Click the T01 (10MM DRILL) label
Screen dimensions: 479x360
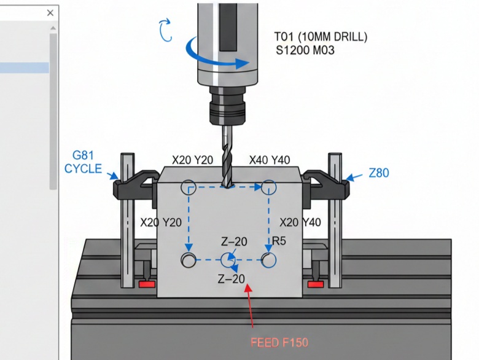(321, 37)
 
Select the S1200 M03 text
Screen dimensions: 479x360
(305, 50)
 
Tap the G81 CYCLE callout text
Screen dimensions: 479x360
(83, 162)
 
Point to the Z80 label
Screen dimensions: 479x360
(379, 173)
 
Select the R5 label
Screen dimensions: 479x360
(279, 241)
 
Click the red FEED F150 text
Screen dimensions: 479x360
(279, 343)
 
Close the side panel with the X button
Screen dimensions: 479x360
(50, 13)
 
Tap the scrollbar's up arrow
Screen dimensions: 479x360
(53, 28)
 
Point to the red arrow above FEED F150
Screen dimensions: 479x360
(250, 305)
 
